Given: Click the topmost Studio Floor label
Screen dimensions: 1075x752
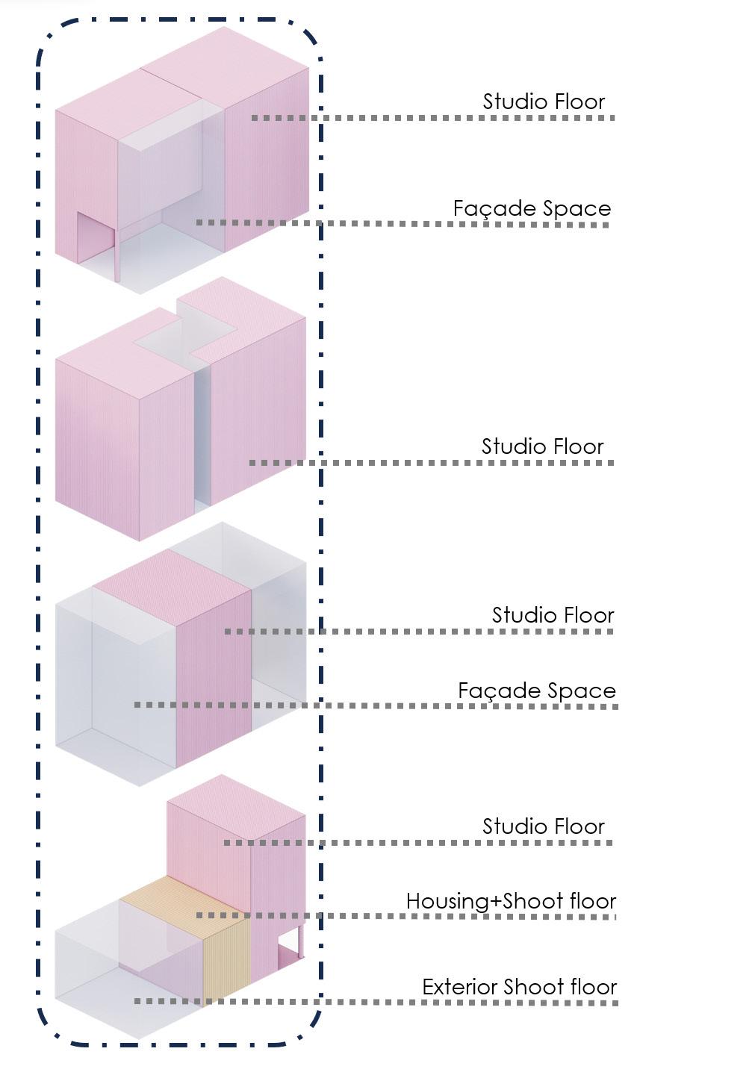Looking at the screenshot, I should click(544, 102).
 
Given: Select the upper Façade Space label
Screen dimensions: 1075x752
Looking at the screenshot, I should click(532, 208).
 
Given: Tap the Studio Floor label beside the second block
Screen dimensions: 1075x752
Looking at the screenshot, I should click(542, 446).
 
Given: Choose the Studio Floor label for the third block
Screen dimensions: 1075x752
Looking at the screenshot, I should click(553, 615).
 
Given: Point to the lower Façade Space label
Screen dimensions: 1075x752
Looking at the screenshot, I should click(537, 691).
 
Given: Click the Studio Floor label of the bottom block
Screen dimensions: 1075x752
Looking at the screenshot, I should click(543, 826).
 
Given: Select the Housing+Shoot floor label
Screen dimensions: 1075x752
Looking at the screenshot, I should click(511, 901).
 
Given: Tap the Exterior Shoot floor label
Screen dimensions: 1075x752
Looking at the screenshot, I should click(520, 987).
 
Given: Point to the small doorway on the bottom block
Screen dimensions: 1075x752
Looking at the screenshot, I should click(288, 956).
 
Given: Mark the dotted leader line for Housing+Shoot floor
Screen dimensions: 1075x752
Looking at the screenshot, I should click(403, 916).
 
